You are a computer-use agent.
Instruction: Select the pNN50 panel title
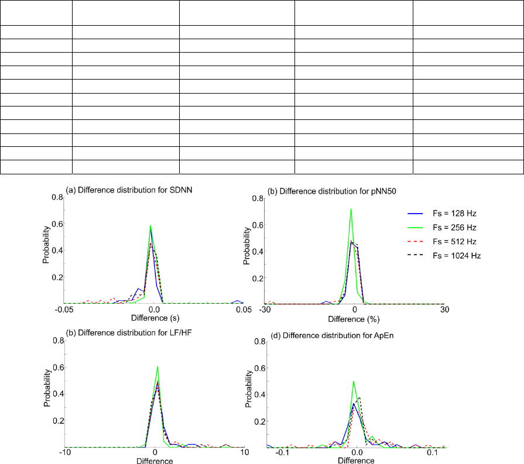[x=316, y=191]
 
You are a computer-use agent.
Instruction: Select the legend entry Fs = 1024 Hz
[x=443, y=256]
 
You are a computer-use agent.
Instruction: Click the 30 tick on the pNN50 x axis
[x=444, y=310]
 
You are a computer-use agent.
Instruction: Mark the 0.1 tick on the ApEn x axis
[x=432, y=453]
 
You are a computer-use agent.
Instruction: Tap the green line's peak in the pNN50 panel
[x=351, y=209]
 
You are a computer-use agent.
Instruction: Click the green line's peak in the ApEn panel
[x=354, y=381]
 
